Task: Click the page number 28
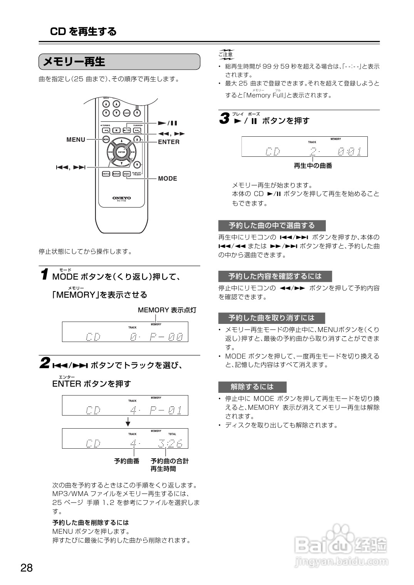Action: coord(27,568)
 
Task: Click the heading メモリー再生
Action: coord(74,62)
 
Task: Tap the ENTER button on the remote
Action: coord(121,152)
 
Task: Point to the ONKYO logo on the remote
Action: coord(121,198)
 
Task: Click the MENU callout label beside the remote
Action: coord(76,140)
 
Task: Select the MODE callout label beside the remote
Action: coord(168,179)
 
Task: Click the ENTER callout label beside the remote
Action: coord(169,142)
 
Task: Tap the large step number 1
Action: coord(45,275)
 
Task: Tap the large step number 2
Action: coord(45,363)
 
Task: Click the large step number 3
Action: coord(224,119)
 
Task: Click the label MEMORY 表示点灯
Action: coord(167,310)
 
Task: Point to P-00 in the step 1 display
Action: coord(166,337)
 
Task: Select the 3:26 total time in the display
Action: coord(170,444)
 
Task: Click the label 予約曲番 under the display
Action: coord(127,461)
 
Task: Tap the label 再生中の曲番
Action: coord(313,166)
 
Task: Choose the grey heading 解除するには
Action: coord(252,387)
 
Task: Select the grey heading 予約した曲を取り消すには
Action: coord(272,318)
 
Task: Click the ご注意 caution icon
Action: coord(226,55)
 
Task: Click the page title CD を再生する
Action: coord(83,32)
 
